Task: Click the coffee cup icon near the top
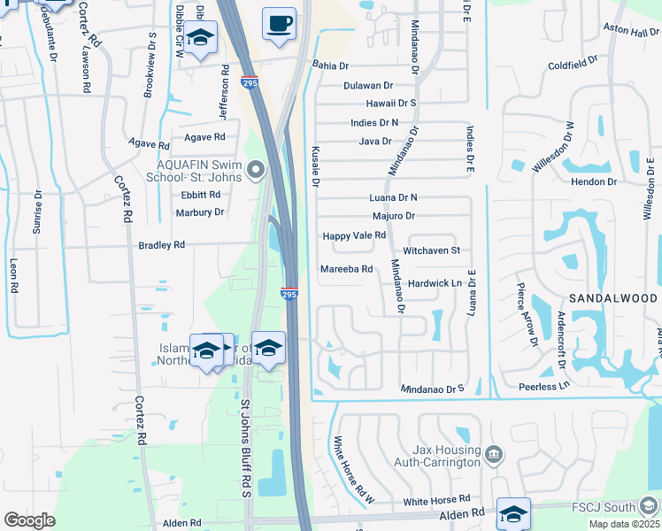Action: click(280, 24)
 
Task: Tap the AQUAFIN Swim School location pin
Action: click(257, 168)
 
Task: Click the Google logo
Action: click(30, 520)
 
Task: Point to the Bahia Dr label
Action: click(331, 65)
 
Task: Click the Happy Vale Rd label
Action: click(354, 235)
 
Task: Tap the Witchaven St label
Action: click(432, 250)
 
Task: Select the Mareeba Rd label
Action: click(346, 269)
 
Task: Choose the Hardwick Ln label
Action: click(436, 283)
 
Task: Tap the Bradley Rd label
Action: click(161, 244)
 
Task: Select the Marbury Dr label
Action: click(199, 212)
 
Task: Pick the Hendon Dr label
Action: click(594, 181)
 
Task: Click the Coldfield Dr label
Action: click(573, 65)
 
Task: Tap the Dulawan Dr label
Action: click(369, 86)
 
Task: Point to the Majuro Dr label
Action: click(394, 216)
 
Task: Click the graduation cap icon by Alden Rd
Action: click(514, 513)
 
